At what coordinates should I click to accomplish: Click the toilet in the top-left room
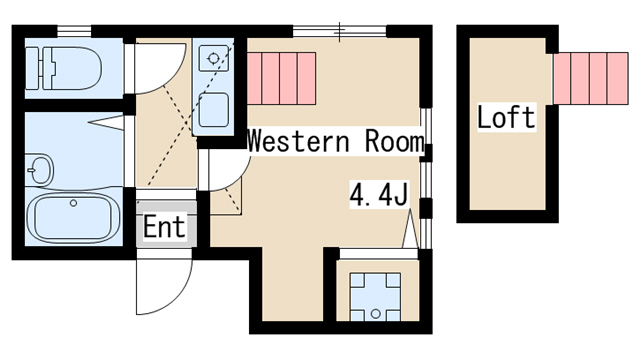coord(63,68)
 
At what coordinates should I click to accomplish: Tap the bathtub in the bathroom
coord(73,218)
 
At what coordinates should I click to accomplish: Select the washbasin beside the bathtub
coord(40,169)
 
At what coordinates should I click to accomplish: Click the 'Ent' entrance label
coord(164,227)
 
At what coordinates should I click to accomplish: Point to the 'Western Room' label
coord(336,141)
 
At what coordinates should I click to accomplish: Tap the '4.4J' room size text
coord(379,195)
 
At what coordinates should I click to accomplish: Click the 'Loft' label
coord(506,117)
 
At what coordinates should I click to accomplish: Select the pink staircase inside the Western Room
coord(282,78)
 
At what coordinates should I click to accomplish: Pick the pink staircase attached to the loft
coord(591,78)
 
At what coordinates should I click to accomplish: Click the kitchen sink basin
coord(213,110)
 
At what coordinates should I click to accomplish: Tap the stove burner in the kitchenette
coord(213,58)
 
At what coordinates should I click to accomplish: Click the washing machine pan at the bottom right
coord(376,297)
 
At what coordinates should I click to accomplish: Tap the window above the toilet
coord(73,31)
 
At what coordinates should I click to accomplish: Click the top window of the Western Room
coord(340,31)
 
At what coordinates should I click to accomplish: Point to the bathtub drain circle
coord(73,203)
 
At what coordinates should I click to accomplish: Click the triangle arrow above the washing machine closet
coord(410,229)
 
